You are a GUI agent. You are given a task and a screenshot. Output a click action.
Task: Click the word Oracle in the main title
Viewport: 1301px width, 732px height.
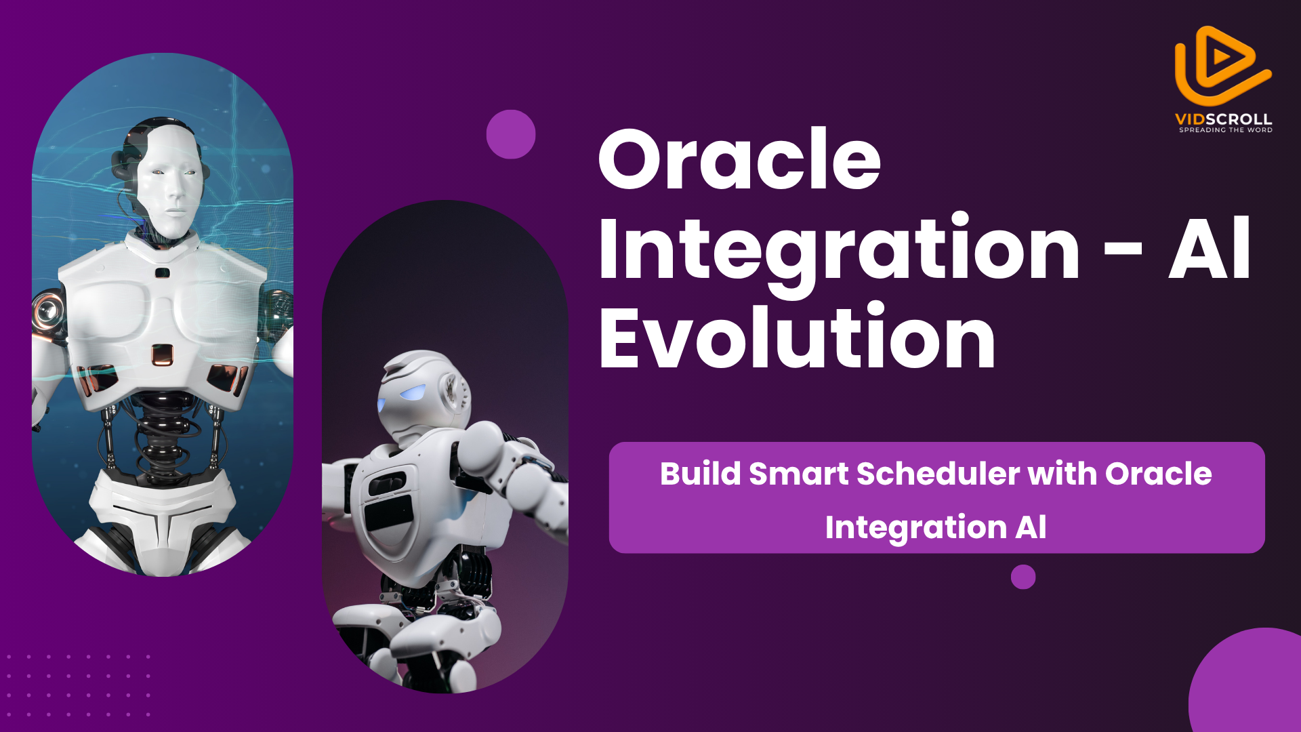pyautogui.click(x=739, y=160)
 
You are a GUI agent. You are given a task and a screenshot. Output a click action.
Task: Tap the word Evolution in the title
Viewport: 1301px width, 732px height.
pyautogui.click(x=797, y=336)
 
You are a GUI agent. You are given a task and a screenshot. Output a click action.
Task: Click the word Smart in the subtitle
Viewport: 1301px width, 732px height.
pyautogui.click(x=798, y=474)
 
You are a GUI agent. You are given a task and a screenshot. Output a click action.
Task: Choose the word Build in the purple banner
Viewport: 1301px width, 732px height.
pyautogui.click(x=700, y=473)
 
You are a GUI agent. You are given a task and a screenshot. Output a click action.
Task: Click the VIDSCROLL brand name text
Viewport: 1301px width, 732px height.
pyautogui.click(x=1223, y=119)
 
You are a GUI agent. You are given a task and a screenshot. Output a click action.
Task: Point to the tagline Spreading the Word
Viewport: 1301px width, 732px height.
pyautogui.click(x=1226, y=130)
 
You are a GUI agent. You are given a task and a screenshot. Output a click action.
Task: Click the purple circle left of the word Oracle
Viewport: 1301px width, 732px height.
pyautogui.click(x=511, y=134)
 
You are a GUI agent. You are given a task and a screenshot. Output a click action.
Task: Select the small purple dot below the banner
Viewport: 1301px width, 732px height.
pyautogui.click(x=1023, y=577)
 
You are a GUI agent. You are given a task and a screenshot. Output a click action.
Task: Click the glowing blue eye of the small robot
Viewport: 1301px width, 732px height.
pyautogui.click(x=413, y=393)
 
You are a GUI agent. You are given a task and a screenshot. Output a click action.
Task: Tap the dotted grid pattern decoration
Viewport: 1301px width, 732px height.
pyautogui.click(x=78, y=685)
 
